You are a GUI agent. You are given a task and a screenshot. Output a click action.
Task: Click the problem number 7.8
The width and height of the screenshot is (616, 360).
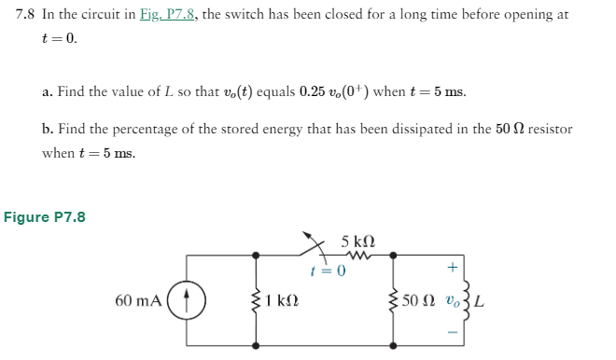click(x=27, y=17)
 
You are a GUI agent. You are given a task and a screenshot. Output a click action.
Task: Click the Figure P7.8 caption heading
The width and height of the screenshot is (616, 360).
click(x=45, y=217)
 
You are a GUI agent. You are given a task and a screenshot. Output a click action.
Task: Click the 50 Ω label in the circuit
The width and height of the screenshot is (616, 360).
click(x=419, y=301)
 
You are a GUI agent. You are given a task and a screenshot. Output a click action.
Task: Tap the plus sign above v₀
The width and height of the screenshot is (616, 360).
click(x=452, y=267)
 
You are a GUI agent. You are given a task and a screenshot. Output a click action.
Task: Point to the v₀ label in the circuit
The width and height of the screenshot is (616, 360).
click(x=450, y=301)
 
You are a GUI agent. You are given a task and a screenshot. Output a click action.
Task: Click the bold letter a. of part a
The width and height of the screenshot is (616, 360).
click(x=48, y=92)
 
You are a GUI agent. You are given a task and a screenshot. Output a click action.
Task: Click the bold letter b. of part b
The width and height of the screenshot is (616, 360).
click(x=48, y=130)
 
